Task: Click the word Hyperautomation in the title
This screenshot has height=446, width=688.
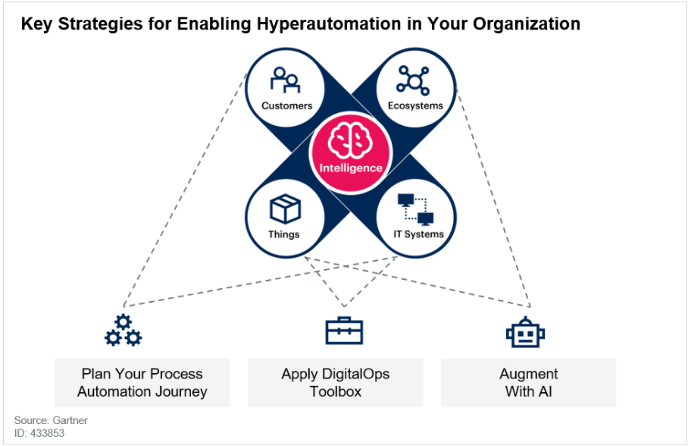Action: pos(329,24)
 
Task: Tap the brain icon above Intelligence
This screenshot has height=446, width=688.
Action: pos(350,140)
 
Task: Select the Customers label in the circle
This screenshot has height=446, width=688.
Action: pos(287,105)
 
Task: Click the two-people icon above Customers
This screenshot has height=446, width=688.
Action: pos(285,80)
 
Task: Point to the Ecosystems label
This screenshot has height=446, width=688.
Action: pos(415,105)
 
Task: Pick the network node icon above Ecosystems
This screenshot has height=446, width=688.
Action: pos(413,80)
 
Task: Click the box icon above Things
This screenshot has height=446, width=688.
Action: pos(285,209)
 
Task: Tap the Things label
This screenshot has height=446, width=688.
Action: pos(284,234)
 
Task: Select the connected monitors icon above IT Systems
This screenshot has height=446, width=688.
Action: pos(415,209)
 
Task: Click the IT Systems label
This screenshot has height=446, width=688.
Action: pos(418,234)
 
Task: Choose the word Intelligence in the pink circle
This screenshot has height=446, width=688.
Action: pos(351,168)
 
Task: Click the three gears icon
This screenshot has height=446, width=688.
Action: pos(124,331)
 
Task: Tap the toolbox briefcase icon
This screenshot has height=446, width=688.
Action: pos(345,331)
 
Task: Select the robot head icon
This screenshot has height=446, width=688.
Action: pos(525,331)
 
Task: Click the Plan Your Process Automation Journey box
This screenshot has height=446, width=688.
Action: pos(142,383)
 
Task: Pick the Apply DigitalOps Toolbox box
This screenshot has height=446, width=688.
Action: pos(336,383)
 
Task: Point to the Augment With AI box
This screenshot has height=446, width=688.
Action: pos(529,383)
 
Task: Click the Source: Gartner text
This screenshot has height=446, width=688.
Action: pos(51,420)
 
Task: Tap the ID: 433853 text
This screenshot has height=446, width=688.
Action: pos(39,433)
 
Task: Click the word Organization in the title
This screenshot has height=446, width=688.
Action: pos(527,24)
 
